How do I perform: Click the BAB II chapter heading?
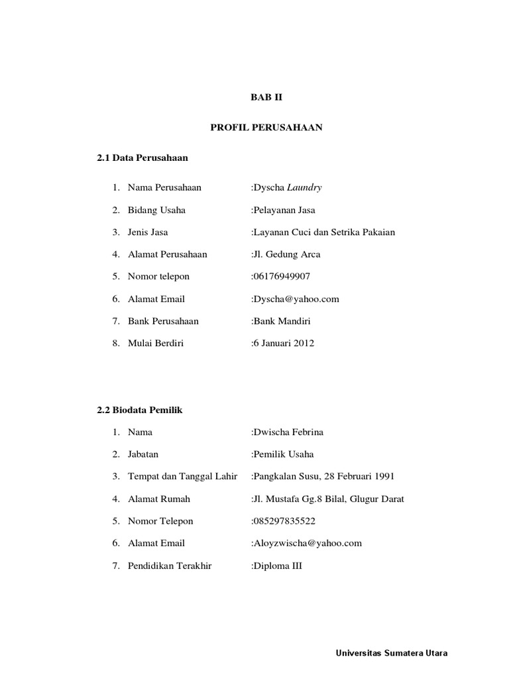click(266, 97)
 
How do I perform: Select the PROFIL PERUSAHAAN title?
click(266, 127)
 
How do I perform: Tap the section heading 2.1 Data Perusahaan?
click(142, 158)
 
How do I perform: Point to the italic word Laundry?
click(304, 187)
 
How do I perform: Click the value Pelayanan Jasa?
click(284, 210)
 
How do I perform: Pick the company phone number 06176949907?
click(282, 276)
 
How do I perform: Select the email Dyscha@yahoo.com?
click(296, 299)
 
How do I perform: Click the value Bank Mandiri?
click(282, 321)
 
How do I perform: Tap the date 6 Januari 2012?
click(284, 343)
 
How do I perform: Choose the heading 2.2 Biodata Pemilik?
click(140, 410)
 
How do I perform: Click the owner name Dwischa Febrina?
click(288, 432)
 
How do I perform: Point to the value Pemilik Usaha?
click(284, 454)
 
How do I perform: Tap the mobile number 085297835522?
click(284, 521)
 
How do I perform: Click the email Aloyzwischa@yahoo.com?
click(308, 543)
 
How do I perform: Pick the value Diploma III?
click(278, 566)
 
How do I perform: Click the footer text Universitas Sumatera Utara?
click(392, 654)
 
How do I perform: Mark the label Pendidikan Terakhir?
click(170, 566)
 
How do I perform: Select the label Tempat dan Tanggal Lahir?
click(182, 477)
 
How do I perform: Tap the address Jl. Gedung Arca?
click(287, 254)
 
